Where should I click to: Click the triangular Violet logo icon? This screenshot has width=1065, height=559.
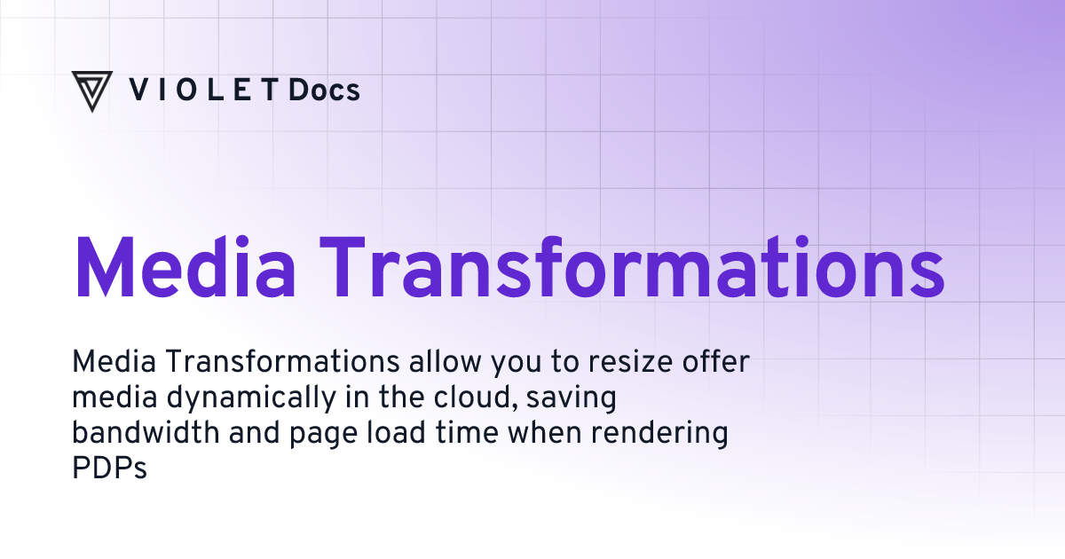point(91,91)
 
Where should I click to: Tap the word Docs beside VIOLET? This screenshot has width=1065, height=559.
point(324,90)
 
